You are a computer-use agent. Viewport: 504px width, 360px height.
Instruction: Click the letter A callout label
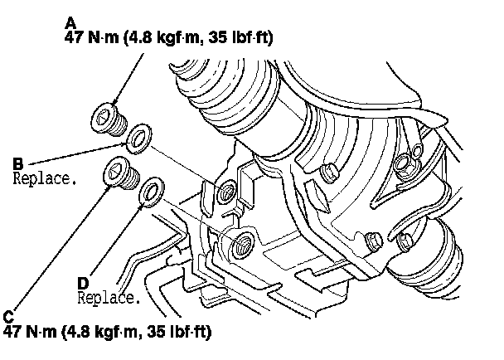click(x=70, y=23)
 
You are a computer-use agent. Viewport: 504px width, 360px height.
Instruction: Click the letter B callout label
click(x=18, y=163)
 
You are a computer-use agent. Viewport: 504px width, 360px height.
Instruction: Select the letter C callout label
click(x=8, y=317)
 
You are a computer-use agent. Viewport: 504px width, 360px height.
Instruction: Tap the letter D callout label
click(x=83, y=284)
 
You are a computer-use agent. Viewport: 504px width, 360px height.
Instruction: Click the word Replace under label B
click(x=45, y=178)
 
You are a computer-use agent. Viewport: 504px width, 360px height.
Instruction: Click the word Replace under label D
click(x=109, y=298)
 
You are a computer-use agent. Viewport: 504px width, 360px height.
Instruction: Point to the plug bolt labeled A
click(x=109, y=119)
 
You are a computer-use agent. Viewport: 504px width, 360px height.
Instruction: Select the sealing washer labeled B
click(x=139, y=139)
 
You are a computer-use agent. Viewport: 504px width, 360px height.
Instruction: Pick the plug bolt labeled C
click(x=122, y=173)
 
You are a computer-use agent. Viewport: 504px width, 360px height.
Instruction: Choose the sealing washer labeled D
click(x=152, y=192)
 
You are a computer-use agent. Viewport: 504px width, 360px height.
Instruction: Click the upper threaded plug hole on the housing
click(x=227, y=192)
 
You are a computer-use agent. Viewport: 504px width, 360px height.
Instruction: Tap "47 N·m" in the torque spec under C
click(x=30, y=331)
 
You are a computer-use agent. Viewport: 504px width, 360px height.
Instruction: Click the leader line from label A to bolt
click(x=128, y=79)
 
